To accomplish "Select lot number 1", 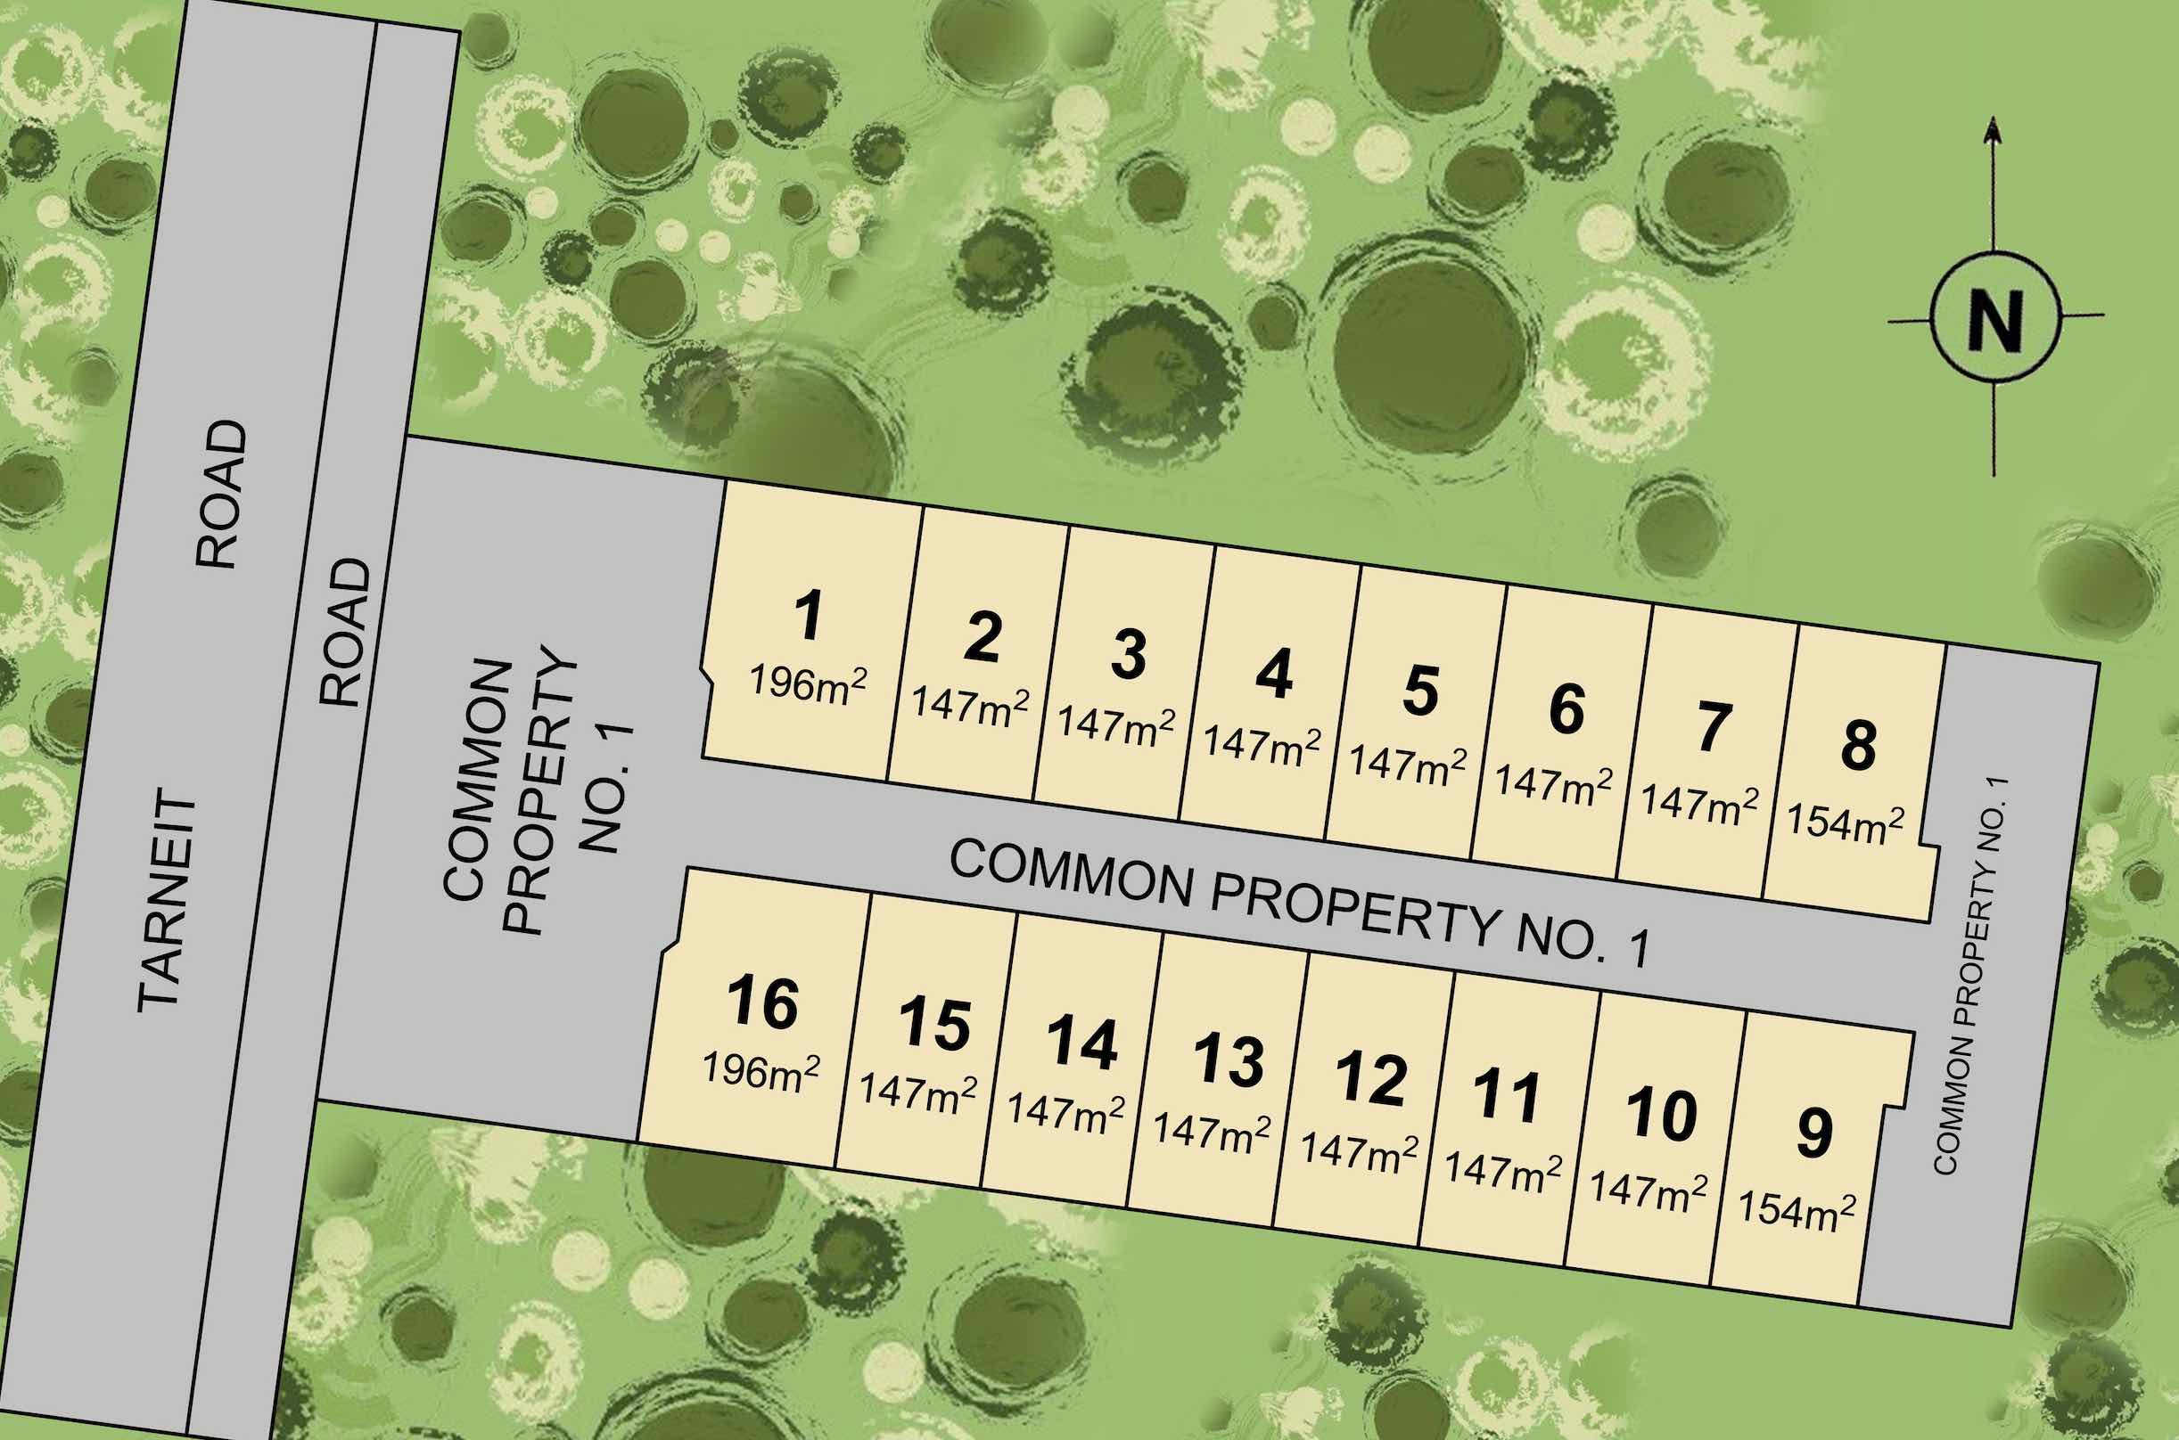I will pyautogui.click(x=809, y=617).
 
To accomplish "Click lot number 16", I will pyautogui.click(x=763, y=1002).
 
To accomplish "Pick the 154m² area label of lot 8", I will pyautogui.click(x=1845, y=822).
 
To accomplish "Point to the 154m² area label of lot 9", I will pyautogui.click(x=1796, y=1208).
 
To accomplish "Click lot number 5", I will pyautogui.click(x=1419, y=691).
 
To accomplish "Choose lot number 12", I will pyautogui.click(x=1371, y=1079).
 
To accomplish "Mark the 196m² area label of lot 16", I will pyautogui.click(x=761, y=1068).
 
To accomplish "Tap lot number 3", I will pyautogui.click(x=1128, y=654).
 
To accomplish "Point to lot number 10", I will pyautogui.click(x=1661, y=1116).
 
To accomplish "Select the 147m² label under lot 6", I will pyautogui.click(x=1553, y=782).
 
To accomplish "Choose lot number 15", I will pyautogui.click(x=935, y=1024).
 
